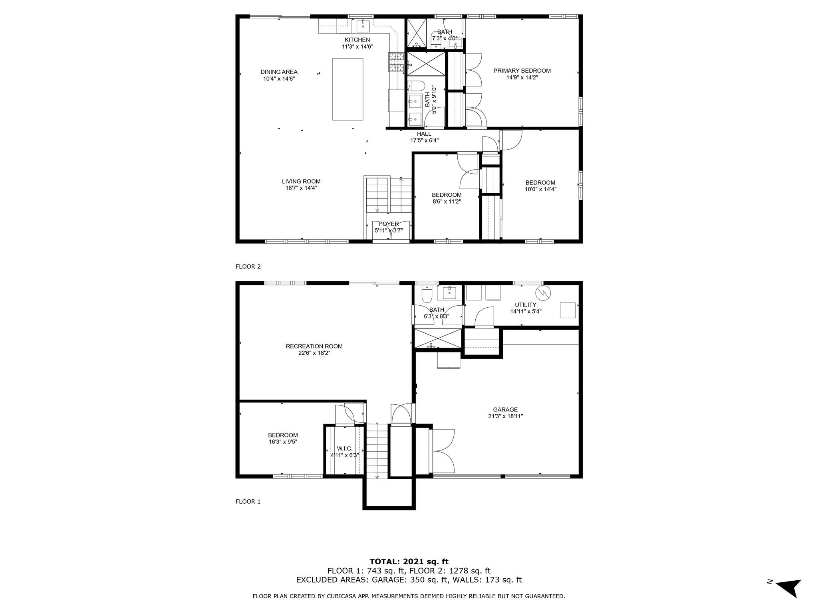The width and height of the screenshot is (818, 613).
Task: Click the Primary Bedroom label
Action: pyautogui.click(x=522, y=71)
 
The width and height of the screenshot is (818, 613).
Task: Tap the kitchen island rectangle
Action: pyautogui.click(x=347, y=89)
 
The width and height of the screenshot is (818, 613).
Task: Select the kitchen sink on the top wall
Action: pyautogui.click(x=363, y=26)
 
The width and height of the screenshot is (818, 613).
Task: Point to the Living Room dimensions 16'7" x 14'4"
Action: pyautogui.click(x=301, y=188)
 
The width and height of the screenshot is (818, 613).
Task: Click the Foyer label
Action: pyautogui.click(x=389, y=224)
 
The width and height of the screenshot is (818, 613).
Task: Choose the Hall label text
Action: pyautogui.click(x=424, y=134)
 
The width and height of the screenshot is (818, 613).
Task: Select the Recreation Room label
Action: pyautogui.click(x=314, y=346)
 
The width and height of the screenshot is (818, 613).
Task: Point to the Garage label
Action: pyautogui.click(x=505, y=409)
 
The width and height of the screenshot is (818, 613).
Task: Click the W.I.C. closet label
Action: pyautogui.click(x=344, y=449)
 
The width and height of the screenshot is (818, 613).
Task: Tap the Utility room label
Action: pyautogui.click(x=525, y=305)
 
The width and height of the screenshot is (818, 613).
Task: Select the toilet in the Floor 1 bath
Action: pyautogui.click(x=426, y=293)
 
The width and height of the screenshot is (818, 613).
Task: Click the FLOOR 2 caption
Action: pyautogui.click(x=248, y=267)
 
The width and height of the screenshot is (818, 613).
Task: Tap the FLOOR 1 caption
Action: pyautogui.click(x=248, y=502)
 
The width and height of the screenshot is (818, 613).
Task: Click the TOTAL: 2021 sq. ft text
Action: pyautogui.click(x=409, y=562)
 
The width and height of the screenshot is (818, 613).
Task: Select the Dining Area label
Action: pyautogui.click(x=279, y=72)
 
